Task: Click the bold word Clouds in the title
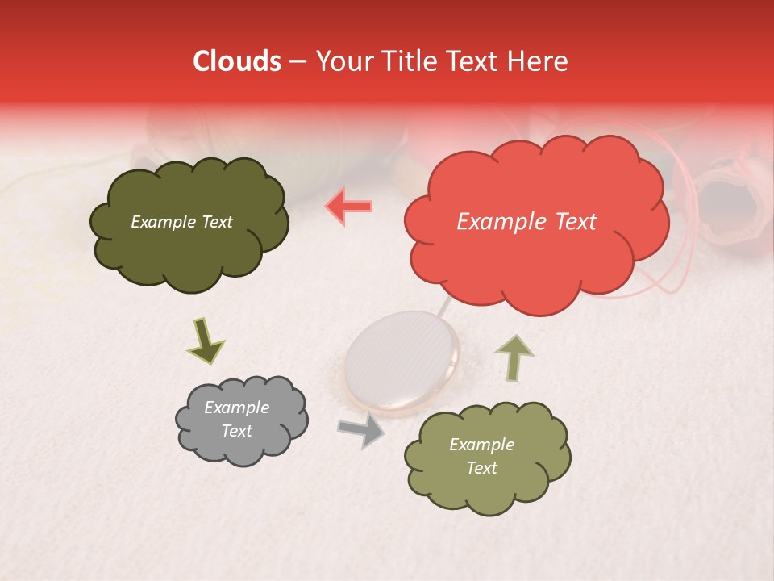point(237,61)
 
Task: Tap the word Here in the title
point(539,61)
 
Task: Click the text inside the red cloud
point(526,222)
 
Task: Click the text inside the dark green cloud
point(181,222)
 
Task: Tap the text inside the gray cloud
point(236,420)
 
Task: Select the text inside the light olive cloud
point(481,456)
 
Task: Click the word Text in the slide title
point(472,61)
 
